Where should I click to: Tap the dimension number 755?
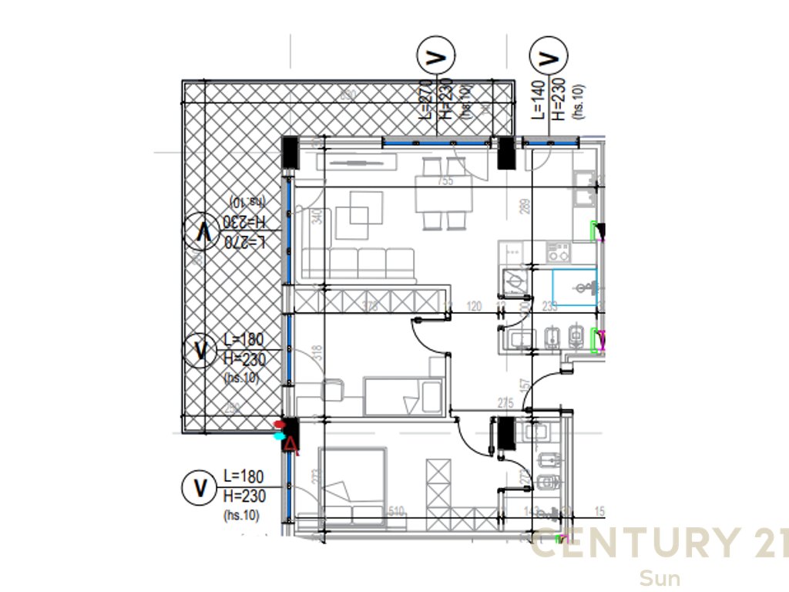pyautogui.click(x=445, y=181)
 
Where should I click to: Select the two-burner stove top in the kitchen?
pyautogui.click(x=557, y=251)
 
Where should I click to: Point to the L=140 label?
pyautogui.click(x=539, y=99)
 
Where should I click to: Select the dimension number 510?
pyautogui.click(x=397, y=510)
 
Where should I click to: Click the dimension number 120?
pyautogui.click(x=474, y=307)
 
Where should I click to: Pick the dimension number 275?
pyautogui.click(x=505, y=402)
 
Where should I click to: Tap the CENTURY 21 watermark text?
pyautogui.click(x=660, y=543)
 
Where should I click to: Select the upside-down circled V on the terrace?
pyautogui.click(x=202, y=230)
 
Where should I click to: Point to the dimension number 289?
pyautogui.click(x=525, y=207)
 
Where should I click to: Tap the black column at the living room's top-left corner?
pyautogui.click(x=290, y=152)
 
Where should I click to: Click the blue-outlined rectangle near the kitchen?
pyautogui.click(x=574, y=287)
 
